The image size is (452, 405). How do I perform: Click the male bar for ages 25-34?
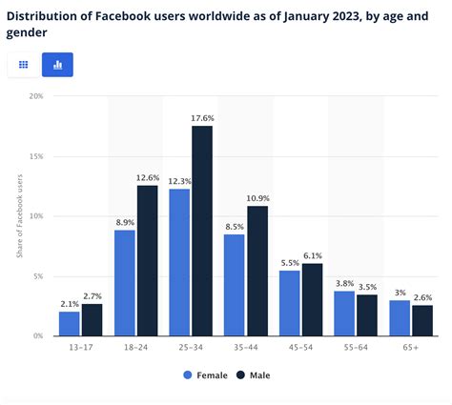point(201,231)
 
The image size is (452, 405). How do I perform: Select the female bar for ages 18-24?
point(125,283)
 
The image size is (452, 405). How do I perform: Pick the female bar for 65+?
point(401,317)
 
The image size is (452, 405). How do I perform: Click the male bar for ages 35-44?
point(257,271)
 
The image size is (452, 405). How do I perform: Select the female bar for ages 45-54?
point(290,303)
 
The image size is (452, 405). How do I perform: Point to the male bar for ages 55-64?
point(366,314)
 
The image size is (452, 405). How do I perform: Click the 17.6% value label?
point(202,118)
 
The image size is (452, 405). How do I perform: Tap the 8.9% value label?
point(125,222)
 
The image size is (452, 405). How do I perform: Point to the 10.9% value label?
point(257,198)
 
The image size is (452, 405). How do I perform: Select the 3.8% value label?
point(345,283)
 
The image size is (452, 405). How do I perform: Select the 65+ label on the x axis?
point(411,349)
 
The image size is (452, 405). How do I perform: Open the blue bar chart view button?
point(57,65)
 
